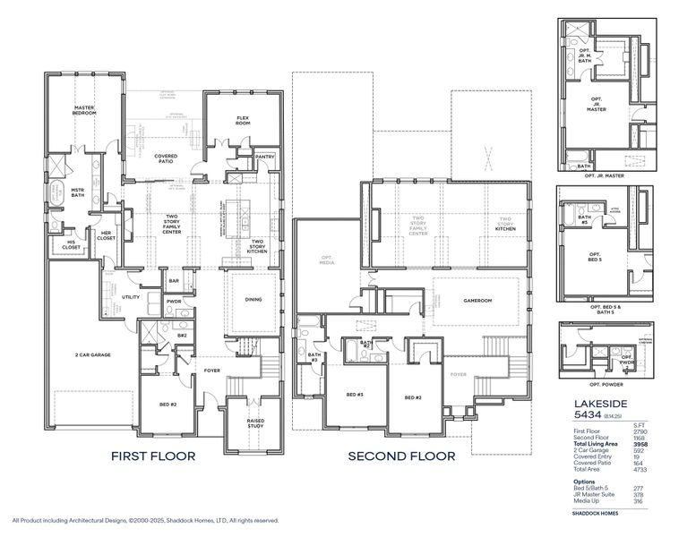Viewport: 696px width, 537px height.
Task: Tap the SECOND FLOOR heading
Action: tap(401, 456)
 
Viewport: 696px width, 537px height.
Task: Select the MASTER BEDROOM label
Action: tap(83, 111)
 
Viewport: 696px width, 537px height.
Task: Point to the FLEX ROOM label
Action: tap(243, 120)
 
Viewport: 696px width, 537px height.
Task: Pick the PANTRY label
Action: tap(264, 157)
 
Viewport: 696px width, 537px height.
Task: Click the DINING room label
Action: tap(253, 300)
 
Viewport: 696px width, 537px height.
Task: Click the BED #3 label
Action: tap(354, 396)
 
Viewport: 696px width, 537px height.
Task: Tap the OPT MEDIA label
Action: tap(327, 260)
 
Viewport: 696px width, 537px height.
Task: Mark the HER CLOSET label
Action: tap(105, 236)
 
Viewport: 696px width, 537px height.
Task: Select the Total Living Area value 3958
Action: tap(640, 444)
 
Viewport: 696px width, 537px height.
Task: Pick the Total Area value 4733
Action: tap(640, 469)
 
